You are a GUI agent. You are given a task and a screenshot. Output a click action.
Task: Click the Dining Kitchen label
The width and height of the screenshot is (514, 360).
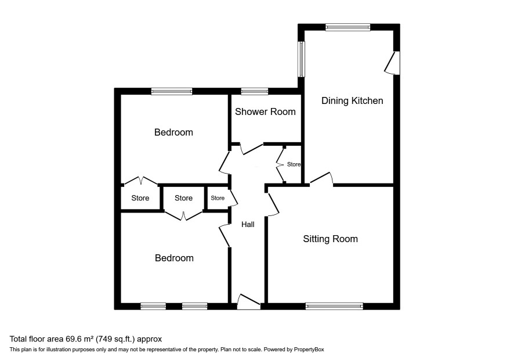click(352, 100)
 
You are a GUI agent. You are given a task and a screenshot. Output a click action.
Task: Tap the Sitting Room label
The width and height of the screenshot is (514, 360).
click(330, 239)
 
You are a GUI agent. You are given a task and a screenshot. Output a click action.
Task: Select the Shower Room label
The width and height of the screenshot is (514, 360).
click(265, 111)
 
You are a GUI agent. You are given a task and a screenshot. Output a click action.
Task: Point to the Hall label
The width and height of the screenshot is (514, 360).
click(248, 225)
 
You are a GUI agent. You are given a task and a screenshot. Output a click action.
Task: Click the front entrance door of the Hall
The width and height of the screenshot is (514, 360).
click(248, 302)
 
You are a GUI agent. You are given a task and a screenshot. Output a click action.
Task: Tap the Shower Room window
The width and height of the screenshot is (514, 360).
click(254, 92)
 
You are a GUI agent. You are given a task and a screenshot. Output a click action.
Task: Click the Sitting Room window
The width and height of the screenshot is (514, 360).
click(334, 306)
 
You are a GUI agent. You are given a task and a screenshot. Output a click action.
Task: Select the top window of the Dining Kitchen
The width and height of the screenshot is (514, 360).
click(348, 27)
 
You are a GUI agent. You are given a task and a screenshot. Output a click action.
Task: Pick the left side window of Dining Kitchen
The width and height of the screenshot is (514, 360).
click(301, 59)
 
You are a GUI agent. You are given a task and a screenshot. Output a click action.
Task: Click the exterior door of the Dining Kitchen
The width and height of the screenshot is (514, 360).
click(392, 63)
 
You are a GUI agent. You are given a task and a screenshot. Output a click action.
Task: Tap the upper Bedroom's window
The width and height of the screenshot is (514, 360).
click(172, 92)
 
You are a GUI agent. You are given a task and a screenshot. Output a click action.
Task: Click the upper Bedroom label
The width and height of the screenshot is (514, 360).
click(173, 132)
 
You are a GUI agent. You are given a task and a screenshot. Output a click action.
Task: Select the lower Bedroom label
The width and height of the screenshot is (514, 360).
click(174, 258)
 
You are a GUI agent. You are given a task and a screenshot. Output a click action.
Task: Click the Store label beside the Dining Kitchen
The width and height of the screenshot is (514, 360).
click(294, 164)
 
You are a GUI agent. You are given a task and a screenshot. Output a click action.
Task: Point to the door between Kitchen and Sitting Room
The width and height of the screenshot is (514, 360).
click(321, 178)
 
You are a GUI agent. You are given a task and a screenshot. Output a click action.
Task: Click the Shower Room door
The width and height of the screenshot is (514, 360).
click(252, 149)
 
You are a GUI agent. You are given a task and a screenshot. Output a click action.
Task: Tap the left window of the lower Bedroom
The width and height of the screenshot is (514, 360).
click(153, 306)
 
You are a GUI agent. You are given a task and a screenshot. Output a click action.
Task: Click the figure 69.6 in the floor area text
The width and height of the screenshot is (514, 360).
click(74, 339)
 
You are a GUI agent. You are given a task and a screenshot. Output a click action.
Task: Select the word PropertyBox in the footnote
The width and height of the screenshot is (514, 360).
click(309, 350)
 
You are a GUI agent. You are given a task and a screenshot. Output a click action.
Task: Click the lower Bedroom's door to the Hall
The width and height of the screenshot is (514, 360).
click(224, 235)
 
